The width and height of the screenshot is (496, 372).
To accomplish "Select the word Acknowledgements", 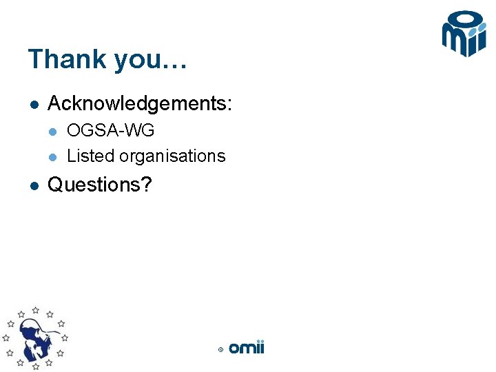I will [137, 105].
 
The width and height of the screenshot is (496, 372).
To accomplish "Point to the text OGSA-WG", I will [110, 130].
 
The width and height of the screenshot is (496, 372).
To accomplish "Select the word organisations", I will [172, 156].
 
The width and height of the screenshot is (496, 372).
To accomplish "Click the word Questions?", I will [99, 185].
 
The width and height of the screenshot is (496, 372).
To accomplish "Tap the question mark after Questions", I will [146, 185].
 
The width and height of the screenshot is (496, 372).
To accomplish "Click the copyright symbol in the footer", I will [220, 350].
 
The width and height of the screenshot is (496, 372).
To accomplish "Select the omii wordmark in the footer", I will [246, 348].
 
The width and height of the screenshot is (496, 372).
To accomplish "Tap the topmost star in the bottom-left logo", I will [35, 310].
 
